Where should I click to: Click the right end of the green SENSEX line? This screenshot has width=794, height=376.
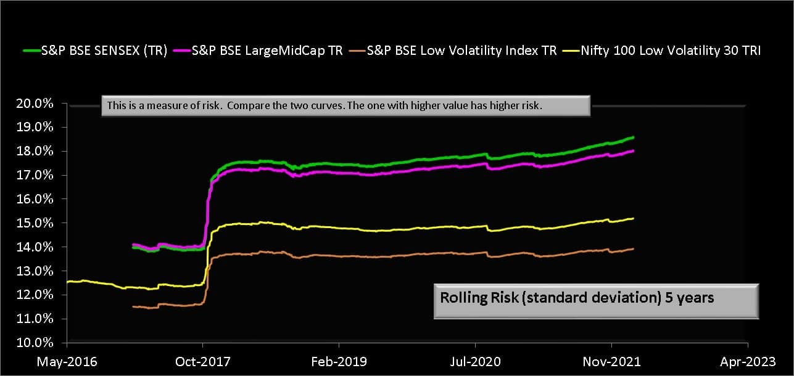coord(634,137)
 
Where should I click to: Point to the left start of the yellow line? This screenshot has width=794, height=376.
coord(67,282)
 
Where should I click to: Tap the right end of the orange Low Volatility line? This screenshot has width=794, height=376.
coord(634,248)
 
